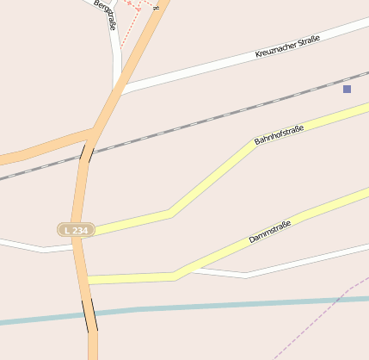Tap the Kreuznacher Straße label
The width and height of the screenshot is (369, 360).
point(287,47)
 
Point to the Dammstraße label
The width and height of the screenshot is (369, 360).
point(269,231)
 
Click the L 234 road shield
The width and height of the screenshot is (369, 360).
point(76,230)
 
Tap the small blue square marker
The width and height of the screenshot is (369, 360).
point(347,89)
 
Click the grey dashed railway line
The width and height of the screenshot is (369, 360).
point(215,120)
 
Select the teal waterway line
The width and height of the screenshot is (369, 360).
point(215,306)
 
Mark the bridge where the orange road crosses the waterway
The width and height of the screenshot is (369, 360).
point(90,314)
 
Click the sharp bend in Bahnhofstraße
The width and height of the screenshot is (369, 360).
point(170,212)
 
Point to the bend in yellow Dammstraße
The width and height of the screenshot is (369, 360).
point(175,276)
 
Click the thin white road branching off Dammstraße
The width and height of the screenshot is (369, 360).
point(245,276)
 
